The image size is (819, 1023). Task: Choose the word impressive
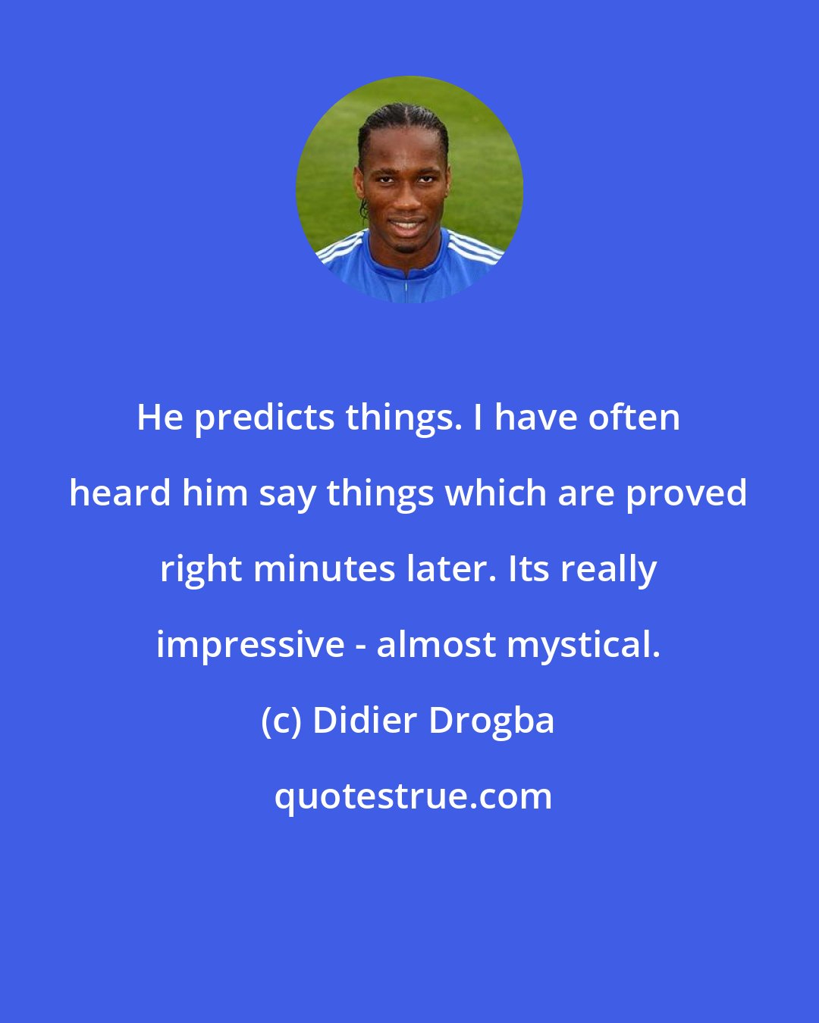(250, 645)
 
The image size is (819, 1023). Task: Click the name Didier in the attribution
(364, 720)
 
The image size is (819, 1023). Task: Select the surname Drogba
(491, 721)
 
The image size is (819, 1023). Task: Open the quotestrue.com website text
(413, 796)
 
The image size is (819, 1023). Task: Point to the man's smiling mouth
(406, 225)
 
